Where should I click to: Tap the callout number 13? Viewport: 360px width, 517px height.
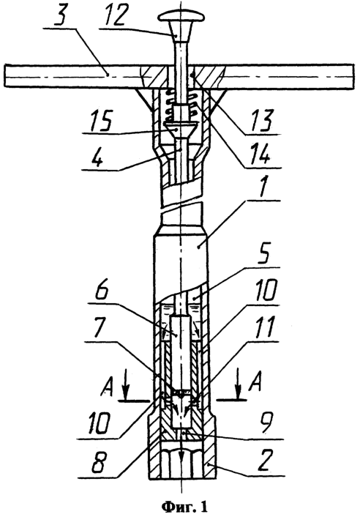tap(262, 120)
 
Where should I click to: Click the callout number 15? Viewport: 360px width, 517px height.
tap(99, 121)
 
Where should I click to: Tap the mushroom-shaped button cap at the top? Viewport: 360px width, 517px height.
tap(181, 16)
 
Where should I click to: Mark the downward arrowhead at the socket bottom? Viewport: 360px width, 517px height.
tap(181, 461)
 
